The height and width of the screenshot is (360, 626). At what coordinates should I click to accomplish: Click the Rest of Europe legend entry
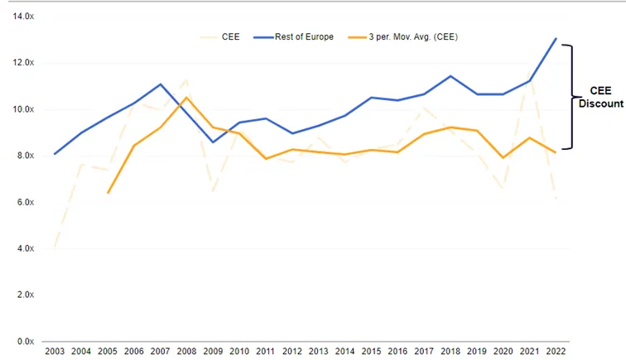click(293, 37)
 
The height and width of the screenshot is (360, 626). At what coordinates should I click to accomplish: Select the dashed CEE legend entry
click(220, 37)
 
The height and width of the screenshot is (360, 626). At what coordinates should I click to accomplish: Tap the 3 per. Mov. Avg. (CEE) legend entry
click(402, 37)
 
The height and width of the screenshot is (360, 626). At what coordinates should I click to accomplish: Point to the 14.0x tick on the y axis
click(23, 17)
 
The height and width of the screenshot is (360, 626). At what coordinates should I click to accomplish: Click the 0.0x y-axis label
click(26, 341)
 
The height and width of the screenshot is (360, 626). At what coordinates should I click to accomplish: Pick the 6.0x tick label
click(26, 203)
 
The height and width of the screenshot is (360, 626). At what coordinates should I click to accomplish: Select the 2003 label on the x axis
click(55, 351)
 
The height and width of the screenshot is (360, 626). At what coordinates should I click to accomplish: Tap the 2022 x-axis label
click(556, 351)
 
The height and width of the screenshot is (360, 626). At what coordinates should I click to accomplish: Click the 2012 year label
click(291, 351)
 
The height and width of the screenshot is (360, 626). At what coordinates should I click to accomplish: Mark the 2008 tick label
click(186, 351)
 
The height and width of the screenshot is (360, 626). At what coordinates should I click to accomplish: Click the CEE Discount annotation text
click(601, 97)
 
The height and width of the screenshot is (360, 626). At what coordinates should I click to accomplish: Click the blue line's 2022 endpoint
click(556, 39)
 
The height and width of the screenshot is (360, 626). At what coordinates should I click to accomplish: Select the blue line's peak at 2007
click(160, 84)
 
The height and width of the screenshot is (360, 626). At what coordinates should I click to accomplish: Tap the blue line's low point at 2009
click(213, 142)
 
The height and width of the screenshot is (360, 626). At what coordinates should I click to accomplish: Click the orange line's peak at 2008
click(186, 98)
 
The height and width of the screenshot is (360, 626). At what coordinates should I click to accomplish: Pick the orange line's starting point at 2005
click(108, 193)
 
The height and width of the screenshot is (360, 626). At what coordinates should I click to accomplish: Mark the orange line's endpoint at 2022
click(556, 152)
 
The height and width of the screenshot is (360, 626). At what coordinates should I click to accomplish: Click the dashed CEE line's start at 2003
click(55, 247)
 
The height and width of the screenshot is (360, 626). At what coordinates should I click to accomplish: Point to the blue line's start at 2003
click(55, 154)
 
